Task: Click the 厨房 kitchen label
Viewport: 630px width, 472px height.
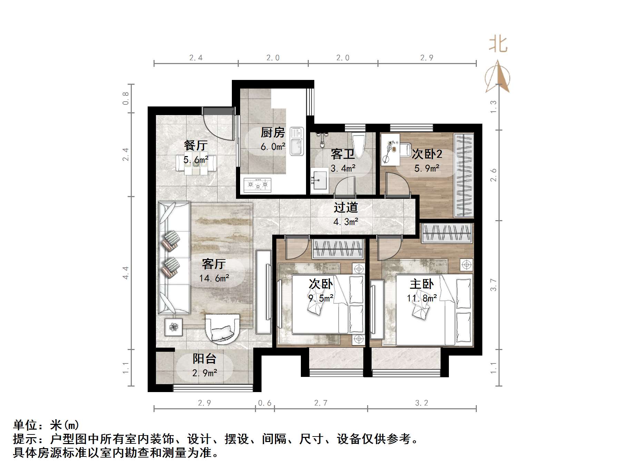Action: (273, 132)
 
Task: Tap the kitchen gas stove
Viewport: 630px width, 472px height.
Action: (257, 185)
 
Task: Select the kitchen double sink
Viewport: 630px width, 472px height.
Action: (296, 141)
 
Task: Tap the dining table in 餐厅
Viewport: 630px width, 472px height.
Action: (196, 165)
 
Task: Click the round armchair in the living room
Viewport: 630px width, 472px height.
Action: (222, 328)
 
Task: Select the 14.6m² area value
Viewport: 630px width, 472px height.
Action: (214, 278)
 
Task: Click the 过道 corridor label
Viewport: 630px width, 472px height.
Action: (346, 207)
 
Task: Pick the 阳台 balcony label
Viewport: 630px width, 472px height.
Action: (204, 359)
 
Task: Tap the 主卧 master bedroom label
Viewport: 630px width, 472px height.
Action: (422, 284)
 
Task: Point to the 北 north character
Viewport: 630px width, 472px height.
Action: (498, 44)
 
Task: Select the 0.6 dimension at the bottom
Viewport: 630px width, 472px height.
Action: (265, 403)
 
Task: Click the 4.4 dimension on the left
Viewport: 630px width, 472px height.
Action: (126, 273)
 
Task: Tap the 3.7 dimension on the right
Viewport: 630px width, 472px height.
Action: (493, 285)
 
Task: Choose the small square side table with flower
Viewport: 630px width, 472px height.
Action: (174, 327)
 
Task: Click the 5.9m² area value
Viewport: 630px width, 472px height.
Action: (427, 168)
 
